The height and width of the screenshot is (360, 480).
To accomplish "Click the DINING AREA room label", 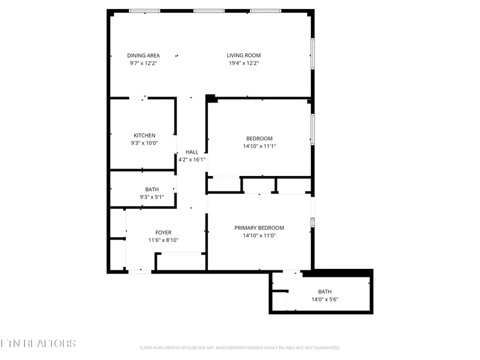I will tap(143, 55).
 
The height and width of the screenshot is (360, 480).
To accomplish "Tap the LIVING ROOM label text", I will tap(243, 55).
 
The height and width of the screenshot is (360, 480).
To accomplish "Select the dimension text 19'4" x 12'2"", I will tap(243, 63).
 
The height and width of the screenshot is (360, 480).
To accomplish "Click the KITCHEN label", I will tap(144, 135).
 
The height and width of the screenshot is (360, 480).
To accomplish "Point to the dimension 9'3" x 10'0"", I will tap(144, 143).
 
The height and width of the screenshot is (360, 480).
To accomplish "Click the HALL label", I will tap(191, 152).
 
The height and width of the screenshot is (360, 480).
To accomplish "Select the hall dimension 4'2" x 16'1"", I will tap(191, 159).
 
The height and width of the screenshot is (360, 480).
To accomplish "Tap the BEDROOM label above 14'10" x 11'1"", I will tap(259, 139).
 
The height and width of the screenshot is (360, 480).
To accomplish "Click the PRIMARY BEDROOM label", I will tap(259, 228).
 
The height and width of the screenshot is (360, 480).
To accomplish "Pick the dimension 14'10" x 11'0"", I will tap(259, 235).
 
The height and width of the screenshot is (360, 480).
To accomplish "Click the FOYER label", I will tap(163, 233).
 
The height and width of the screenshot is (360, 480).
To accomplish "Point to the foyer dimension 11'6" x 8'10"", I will tap(163, 240).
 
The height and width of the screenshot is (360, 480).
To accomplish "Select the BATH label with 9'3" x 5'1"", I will tap(152, 189).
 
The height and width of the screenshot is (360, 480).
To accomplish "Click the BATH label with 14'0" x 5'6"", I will tap(325, 292).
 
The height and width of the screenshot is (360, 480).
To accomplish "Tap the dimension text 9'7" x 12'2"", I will tap(143, 63).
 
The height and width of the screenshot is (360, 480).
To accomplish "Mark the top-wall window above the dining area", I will tap(145, 11).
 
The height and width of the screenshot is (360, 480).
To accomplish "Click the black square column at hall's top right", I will tap(211, 98).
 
